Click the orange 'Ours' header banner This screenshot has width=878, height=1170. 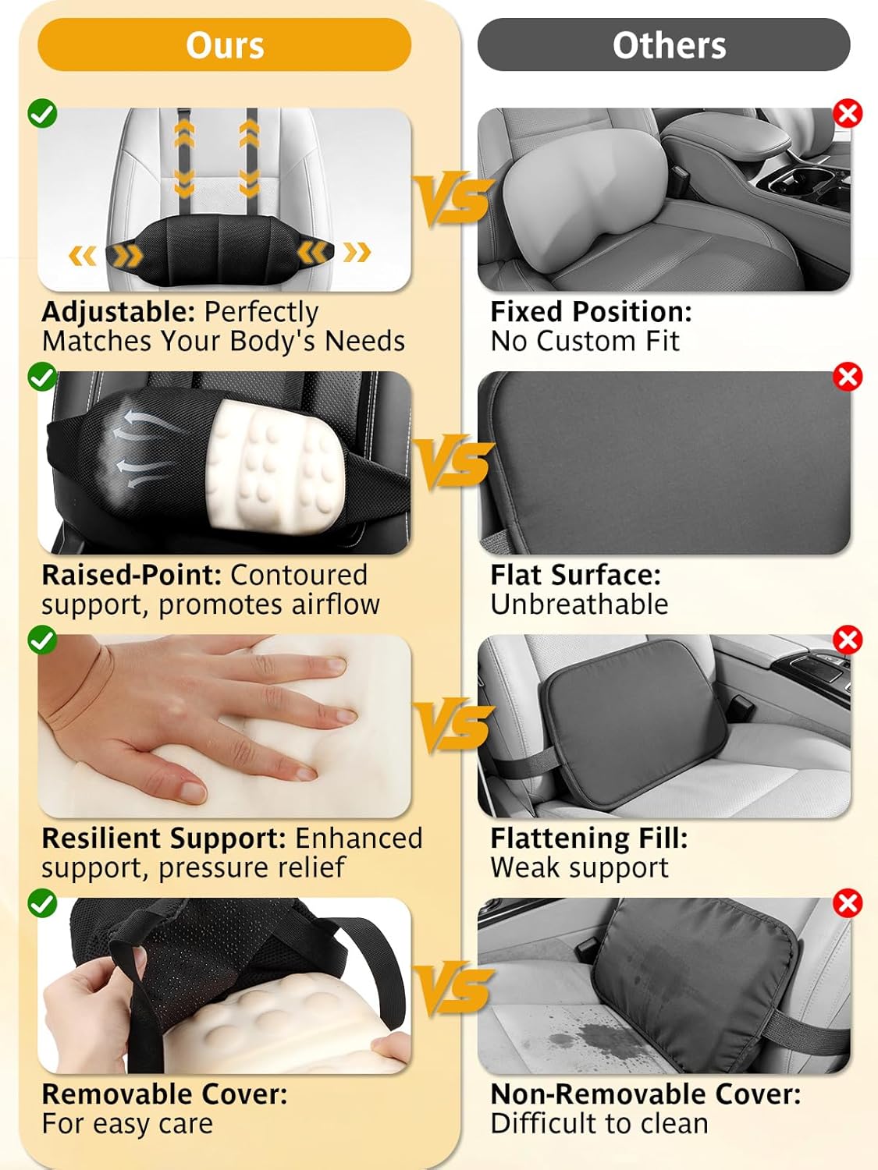pos(225,45)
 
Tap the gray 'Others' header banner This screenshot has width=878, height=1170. pos(663,45)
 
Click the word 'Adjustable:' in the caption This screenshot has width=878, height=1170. pos(118,312)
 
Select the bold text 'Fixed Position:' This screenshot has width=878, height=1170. pos(591,312)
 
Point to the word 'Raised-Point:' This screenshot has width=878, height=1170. pos(131,575)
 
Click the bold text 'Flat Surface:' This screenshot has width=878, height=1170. pos(575,575)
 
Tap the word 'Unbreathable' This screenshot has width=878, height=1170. pos(579,604)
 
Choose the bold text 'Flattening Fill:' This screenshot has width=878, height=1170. pos(588,838)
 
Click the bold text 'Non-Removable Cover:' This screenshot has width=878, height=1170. pos(645,1094)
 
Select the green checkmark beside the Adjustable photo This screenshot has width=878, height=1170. pos(42,113)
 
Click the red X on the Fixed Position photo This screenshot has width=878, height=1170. pos(848,113)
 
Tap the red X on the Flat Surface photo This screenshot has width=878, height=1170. pos(848,377)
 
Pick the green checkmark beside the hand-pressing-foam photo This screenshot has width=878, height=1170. pos(42,640)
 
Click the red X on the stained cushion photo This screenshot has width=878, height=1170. pos(848,903)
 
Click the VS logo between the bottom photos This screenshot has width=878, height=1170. pos(453,989)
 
